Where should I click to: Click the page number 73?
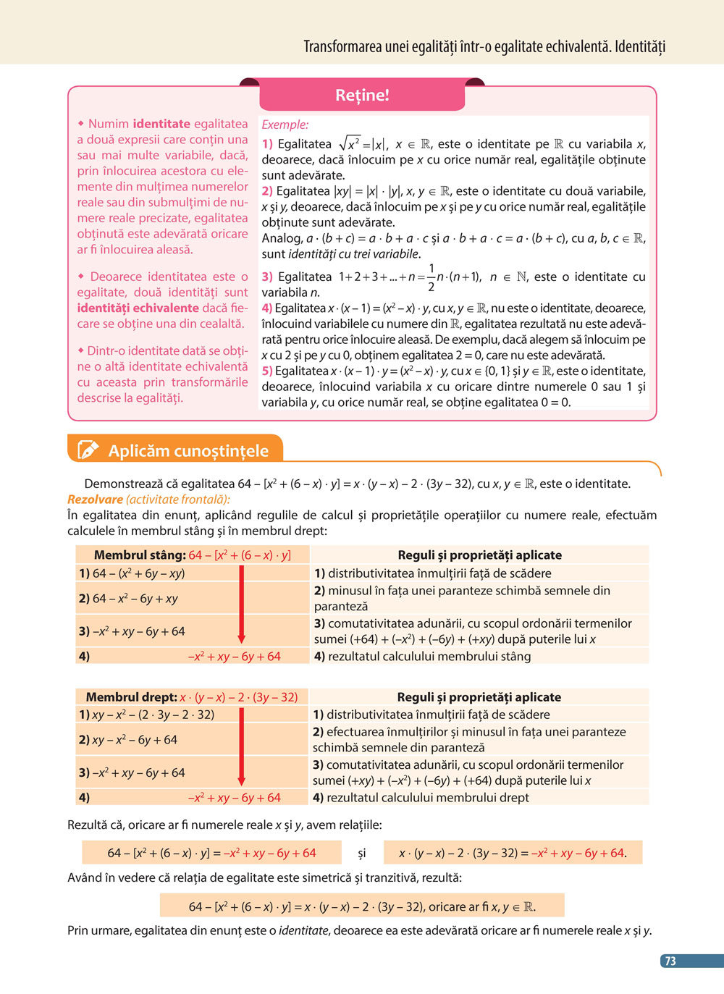[670, 961]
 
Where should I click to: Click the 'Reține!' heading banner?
[362, 95]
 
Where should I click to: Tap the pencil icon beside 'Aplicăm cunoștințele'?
[88, 450]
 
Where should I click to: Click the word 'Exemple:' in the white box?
[285, 125]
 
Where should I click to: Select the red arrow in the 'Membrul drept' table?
[242, 746]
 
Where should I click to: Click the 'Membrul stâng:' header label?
[140, 555]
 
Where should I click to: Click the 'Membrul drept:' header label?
[131, 697]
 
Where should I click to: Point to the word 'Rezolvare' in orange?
[95, 500]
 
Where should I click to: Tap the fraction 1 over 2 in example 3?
[432, 277]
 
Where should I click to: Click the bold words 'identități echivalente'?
[138, 308]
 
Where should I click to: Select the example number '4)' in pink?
[267, 308]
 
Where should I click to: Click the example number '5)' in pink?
[267, 371]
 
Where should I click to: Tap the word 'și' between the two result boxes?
[362, 854]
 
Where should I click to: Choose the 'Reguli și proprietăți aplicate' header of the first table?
[479, 555]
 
